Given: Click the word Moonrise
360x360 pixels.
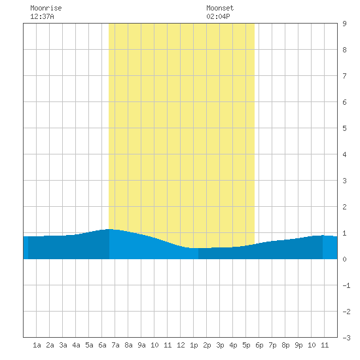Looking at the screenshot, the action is [x=46, y=8].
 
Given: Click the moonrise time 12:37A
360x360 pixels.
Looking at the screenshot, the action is [x=42, y=16].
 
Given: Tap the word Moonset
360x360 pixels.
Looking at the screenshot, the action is [x=220, y=8].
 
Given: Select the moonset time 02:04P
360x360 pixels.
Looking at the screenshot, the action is [x=218, y=16].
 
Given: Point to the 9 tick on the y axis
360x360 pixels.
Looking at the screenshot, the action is [x=344, y=24].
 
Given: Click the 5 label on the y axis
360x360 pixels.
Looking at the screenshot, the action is [x=344, y=128].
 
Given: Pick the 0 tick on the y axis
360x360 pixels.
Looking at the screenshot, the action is [x=344, y=259].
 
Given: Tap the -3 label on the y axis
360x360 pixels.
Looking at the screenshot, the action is [x=346, y=338].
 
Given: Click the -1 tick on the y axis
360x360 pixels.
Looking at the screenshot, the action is [x=346, y=285].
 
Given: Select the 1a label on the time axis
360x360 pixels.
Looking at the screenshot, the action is [x=37, y=345].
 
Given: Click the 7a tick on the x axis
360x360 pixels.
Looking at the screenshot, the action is [x=115, y=345].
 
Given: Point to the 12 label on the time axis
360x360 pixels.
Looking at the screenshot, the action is [x=181, y=345].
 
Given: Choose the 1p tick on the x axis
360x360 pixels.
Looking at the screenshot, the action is [x=194, y=345].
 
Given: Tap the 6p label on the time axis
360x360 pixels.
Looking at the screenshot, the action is [x=259, y=345].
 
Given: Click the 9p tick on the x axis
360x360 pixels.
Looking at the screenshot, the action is [x=298, y=345].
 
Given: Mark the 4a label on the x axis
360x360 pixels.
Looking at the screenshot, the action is [x=76, y=345].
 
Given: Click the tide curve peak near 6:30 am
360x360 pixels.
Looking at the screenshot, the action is [x=109, y=229].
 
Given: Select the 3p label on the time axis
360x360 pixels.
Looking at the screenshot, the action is [x=220, y=345].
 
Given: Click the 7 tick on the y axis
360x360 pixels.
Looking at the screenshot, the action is [x=344, y=76].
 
